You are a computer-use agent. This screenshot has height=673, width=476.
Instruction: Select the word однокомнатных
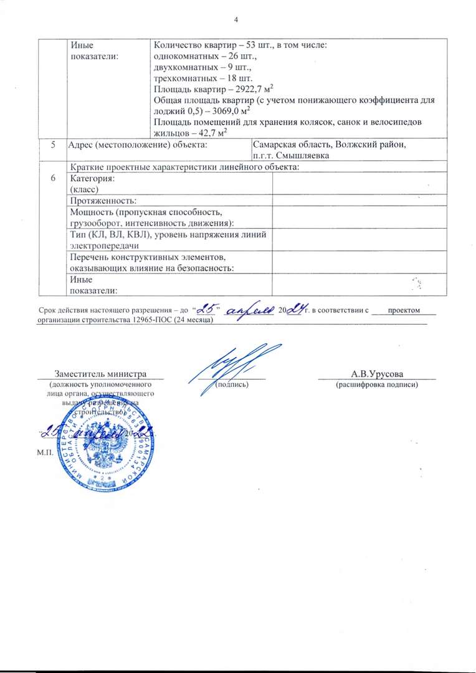pos(184,57)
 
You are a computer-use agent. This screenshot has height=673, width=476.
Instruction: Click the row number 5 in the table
pos(53,145)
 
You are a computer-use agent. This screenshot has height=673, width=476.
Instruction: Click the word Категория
pos(93,178)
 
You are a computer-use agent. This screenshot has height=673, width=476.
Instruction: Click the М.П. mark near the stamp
pos(45,450)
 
